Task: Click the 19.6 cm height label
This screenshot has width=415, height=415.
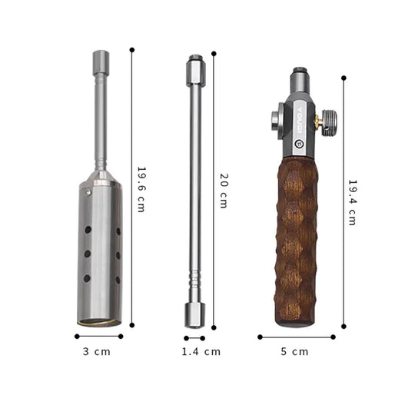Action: pyautogui.click(x=141, y=190)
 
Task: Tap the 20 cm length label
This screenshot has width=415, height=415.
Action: pyautogui.click(x=224, y=191)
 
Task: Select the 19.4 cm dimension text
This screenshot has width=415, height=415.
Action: pyautogui.click(x=353, y=203)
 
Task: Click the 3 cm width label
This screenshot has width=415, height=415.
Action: pyautogui.click(x=97, y=352)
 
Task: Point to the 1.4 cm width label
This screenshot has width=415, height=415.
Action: pyautogui.click(x=201, y=352)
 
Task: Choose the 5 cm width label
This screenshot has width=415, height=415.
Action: pyautogui.click(x=294, y=352)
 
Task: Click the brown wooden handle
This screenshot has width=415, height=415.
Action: pyautogui.click(x=296, y=241)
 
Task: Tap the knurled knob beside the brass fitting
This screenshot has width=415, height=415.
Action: pyautogui.click(x=329, y=123)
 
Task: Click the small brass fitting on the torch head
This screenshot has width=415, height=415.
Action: pyautogui.click(x=318, y=121)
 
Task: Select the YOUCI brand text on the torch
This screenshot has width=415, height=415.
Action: pyautogui.click(x=300, y=120)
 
